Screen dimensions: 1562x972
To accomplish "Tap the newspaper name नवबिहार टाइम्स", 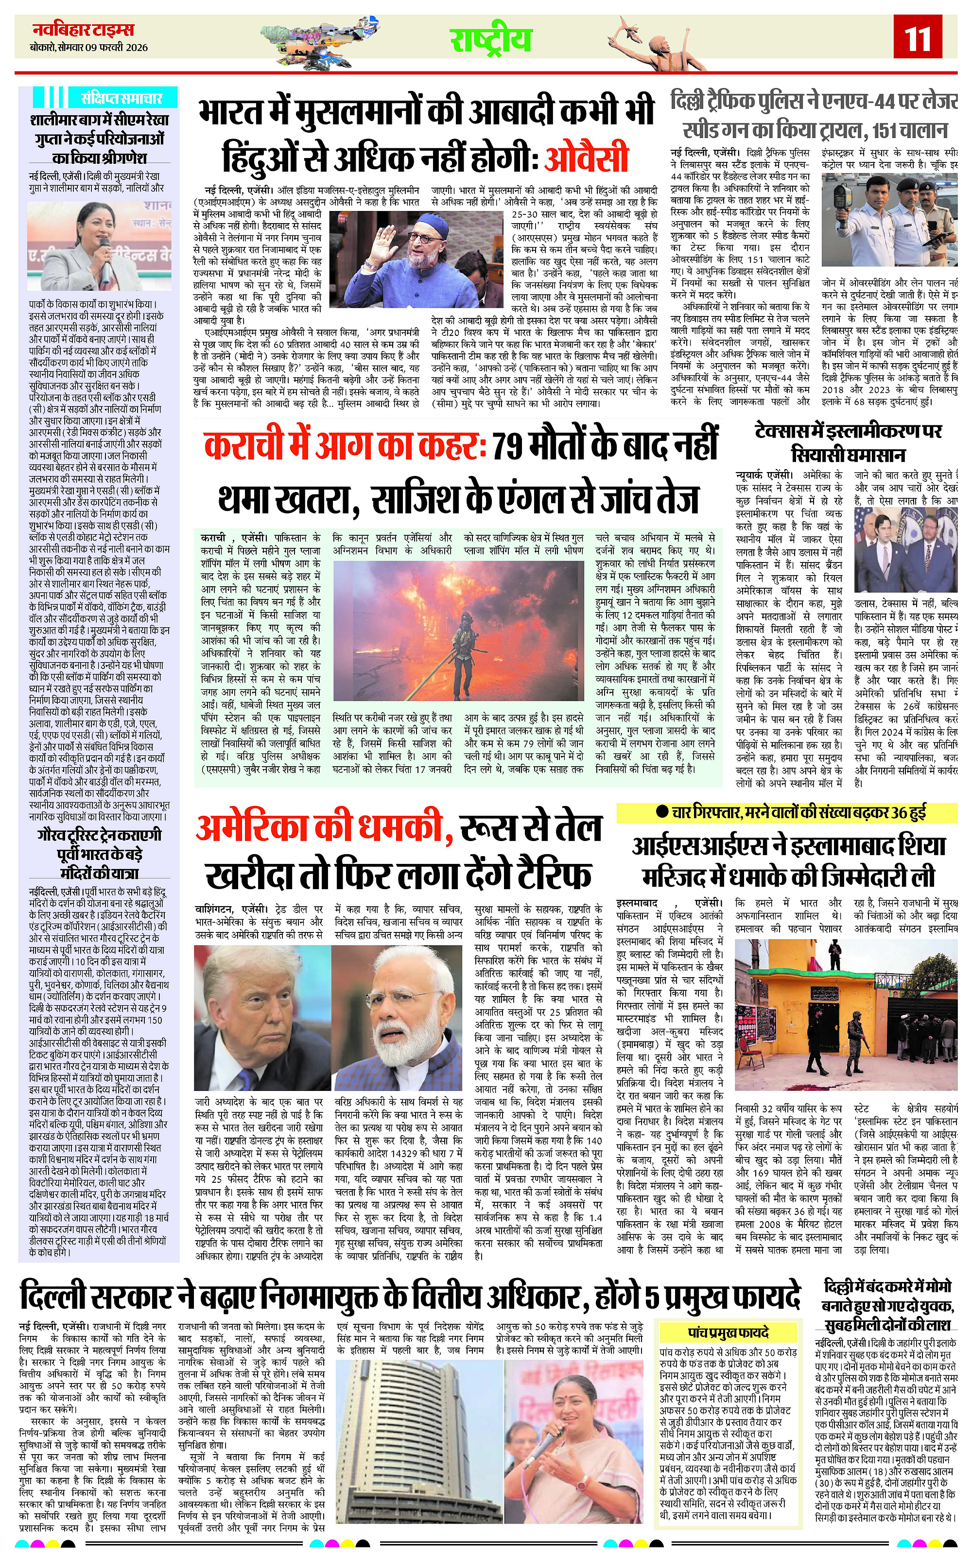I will [x=84, y=30].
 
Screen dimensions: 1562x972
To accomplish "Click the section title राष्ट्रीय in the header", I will [x=490, y=39].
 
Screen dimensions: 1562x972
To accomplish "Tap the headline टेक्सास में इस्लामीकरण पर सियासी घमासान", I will [x=848, y=443].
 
